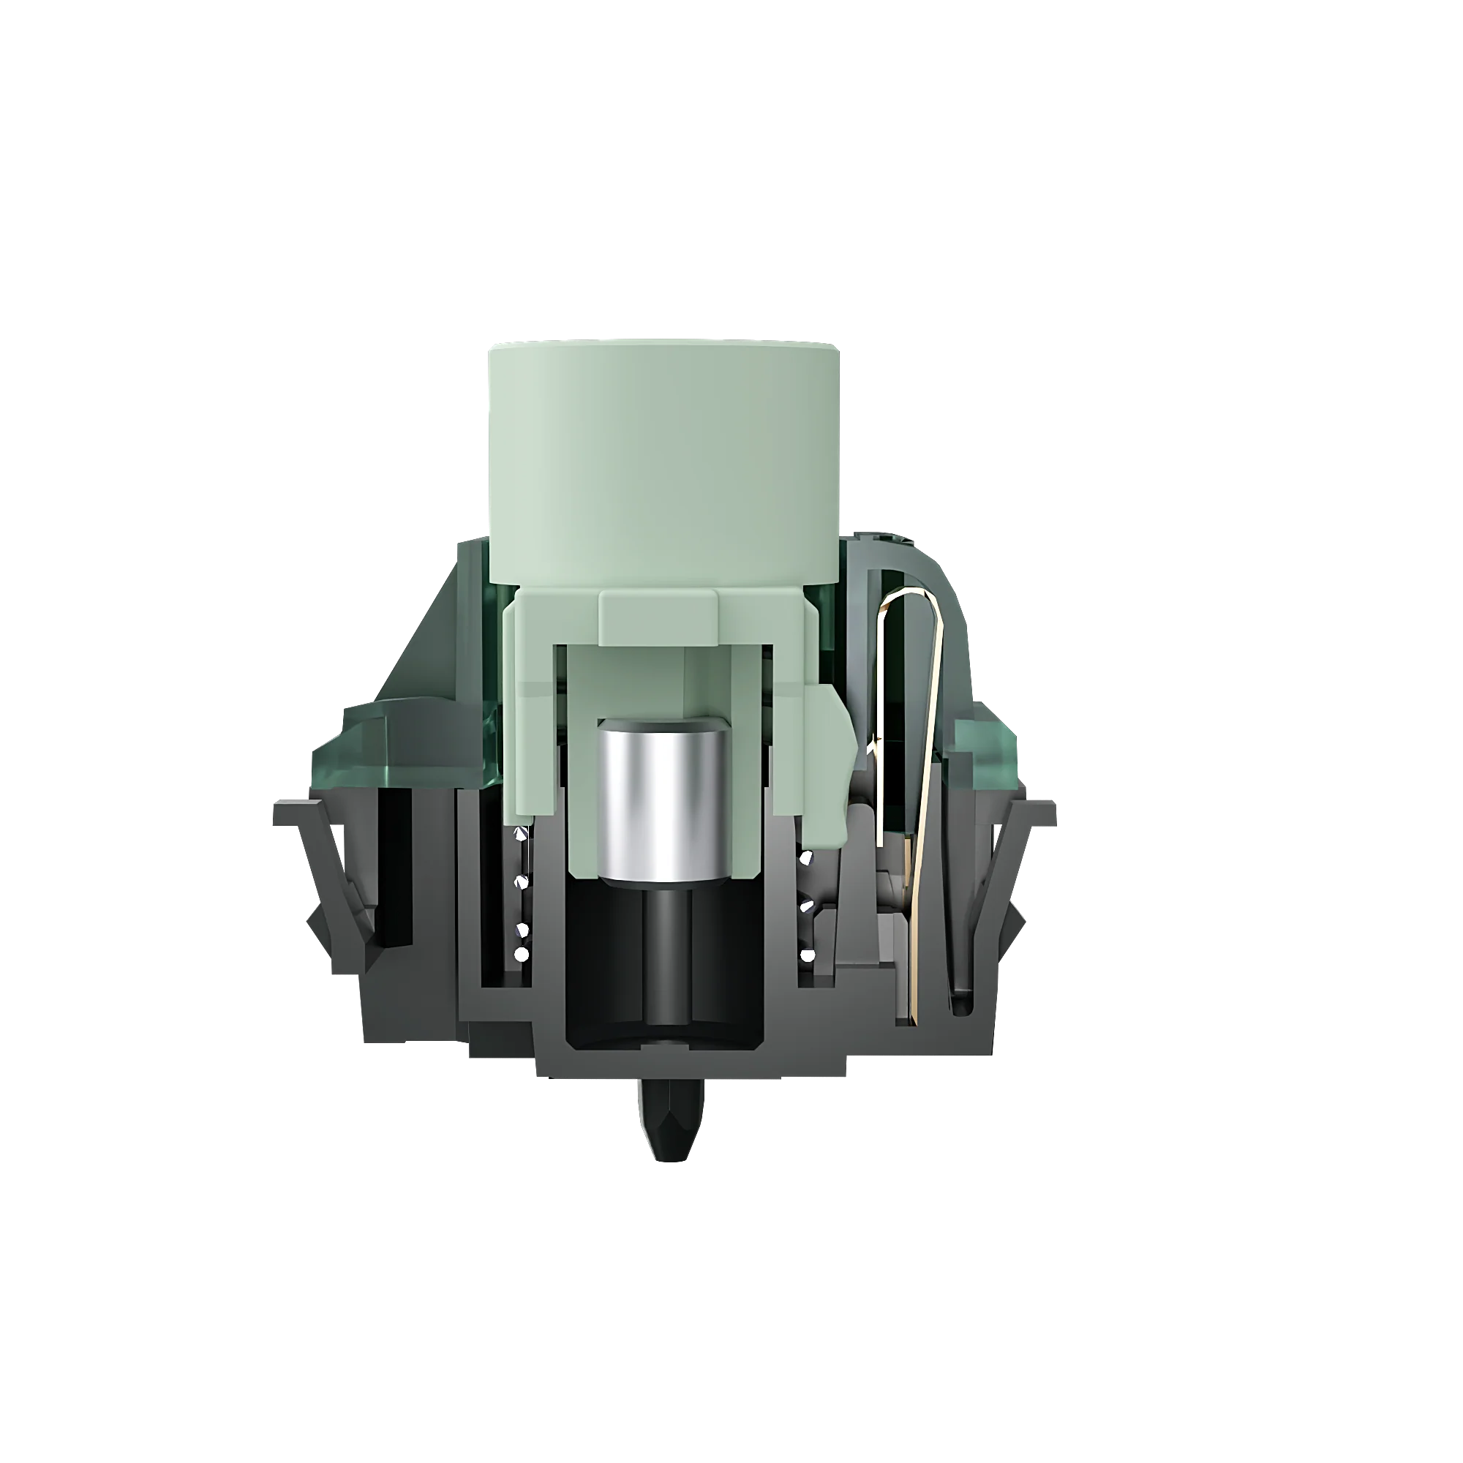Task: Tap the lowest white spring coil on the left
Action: coord(520,953)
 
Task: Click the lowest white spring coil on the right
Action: coord(808,955)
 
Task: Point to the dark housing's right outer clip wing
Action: coord(1007,870)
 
